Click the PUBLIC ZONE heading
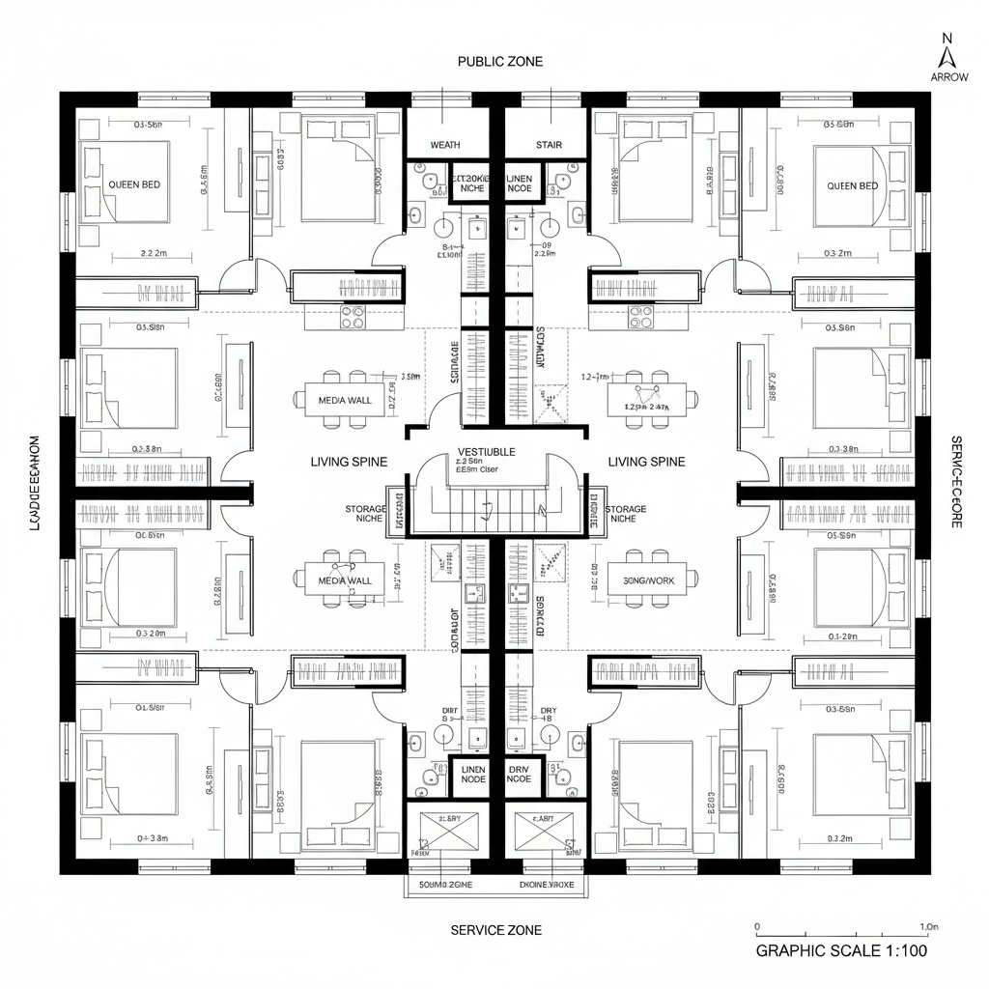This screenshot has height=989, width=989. [x=499, y=62]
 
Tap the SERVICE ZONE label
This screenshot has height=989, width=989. [x=496, y=930]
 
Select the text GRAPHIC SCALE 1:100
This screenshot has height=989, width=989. [x=841, y=950]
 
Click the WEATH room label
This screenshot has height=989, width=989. [x=445, y=145]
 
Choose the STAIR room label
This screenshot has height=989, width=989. [x=549, y=145]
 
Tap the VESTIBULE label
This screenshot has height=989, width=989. [x=486, y=451]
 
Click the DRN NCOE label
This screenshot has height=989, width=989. [x=519, y=774]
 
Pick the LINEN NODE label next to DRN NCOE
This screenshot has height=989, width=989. [x=473, y=774]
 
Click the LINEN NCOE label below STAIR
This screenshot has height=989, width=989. [x=519, y=184]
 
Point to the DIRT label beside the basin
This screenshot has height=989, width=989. [x=450, y=711]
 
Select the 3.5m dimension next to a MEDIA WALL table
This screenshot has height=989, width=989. [x=410, y=377]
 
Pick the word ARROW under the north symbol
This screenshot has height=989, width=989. [x=949, y=77]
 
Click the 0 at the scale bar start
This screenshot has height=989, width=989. [x=757, y=927]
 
